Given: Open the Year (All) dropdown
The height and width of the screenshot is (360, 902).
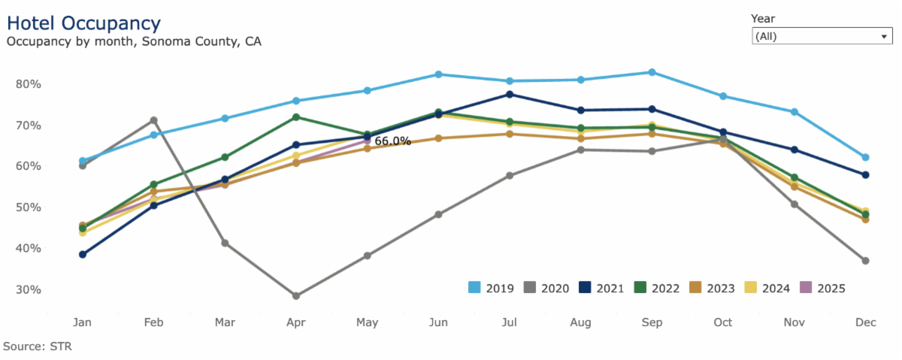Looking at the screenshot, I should click(821, 36).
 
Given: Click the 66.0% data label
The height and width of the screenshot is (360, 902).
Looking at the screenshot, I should click(392, 141).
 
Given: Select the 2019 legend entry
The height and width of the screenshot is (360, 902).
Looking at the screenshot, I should click(492, 288).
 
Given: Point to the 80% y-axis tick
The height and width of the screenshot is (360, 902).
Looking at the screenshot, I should click(27, 83).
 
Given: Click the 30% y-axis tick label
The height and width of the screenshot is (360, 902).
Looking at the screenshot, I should click(27, 289).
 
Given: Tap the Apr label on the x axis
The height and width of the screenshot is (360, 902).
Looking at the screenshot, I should click(296, 322).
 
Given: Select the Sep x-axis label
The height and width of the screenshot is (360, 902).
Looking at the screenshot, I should click(652, 322).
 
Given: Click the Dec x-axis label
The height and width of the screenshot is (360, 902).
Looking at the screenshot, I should click(865, 322).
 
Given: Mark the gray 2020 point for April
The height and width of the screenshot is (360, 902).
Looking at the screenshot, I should click(296, 296).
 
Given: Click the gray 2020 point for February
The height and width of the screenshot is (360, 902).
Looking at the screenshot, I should click(153, 120).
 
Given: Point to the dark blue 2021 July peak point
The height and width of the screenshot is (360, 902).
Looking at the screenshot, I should click(510, 94).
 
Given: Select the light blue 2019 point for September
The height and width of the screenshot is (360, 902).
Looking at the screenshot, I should click(652, 72).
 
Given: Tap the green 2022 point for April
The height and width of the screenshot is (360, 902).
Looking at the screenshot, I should click(296, 117).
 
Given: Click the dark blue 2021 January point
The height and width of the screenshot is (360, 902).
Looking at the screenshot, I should click(82, 254).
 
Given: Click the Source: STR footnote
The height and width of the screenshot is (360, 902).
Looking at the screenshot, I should click(38, 346).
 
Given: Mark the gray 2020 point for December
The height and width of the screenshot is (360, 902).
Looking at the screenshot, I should click(865, 261).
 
